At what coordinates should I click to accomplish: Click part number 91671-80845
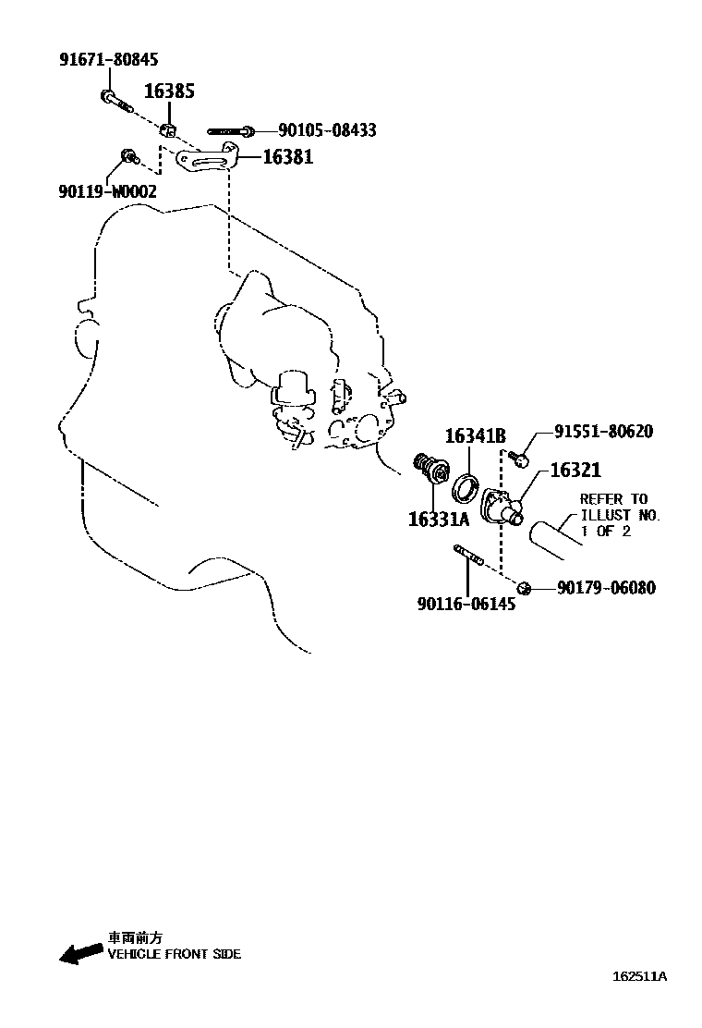click(109, 60)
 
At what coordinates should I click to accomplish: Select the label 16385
click(170, 91)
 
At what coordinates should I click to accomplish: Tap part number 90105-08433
click(327, 129)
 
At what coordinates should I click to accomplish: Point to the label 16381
click(288, 156)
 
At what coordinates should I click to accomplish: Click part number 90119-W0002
click(107, 191)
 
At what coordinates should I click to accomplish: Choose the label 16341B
click(476, 435)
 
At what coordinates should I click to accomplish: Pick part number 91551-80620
click(604, 431)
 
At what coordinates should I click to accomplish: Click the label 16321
click(575, 470)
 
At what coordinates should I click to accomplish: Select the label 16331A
click(439, 520)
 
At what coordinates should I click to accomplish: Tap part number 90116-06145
click(466, 604)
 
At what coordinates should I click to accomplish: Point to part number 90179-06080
click(606, 587)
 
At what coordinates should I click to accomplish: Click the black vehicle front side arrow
click(80, 954)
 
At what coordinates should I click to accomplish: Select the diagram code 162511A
click(640, 976)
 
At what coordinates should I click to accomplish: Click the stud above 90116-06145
click(467, 555)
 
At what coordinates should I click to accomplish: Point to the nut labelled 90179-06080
click(523, 587)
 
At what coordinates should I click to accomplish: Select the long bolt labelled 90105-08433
click(231, 131)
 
